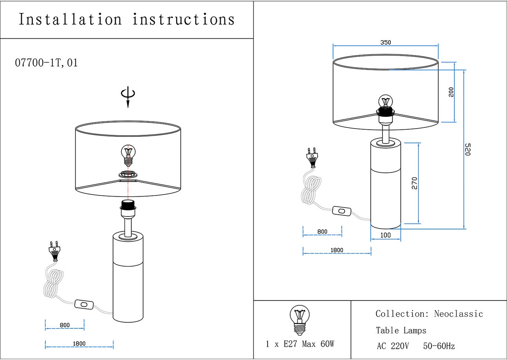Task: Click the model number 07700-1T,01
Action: click(46, 63)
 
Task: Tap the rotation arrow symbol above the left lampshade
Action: click(128, 96)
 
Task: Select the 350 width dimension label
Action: click(386, 43)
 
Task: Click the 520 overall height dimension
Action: click(467, 149)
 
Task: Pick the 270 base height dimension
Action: click(415, 183)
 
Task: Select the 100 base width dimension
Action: click(385, 235)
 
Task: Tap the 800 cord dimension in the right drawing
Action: click(322, 231)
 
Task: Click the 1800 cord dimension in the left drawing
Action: click(79, 344)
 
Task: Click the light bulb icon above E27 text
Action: click(300, 320)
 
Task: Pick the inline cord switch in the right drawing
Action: click(342, 211)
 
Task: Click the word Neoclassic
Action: click(458, 314)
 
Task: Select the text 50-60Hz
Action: click(439, 346)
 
